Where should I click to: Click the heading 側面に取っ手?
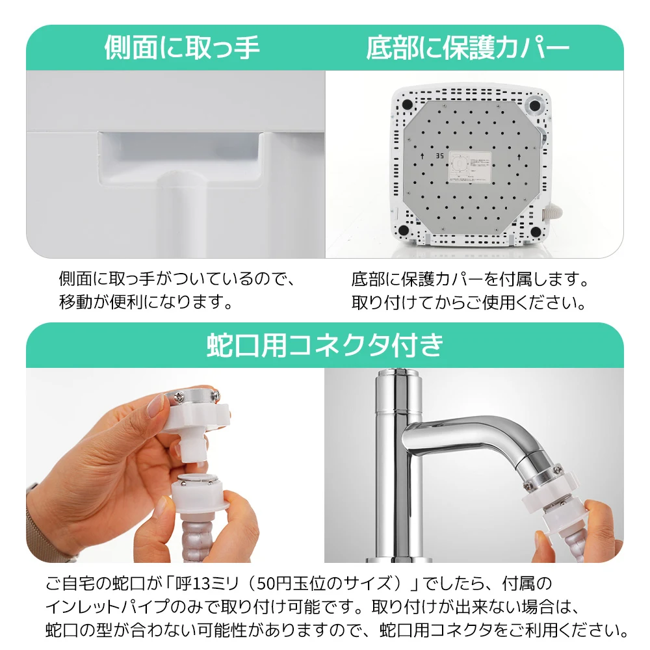182,47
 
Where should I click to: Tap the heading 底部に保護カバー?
468,47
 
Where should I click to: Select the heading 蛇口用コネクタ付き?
325,345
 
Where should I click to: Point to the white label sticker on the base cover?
470,166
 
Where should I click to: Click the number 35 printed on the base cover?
439,155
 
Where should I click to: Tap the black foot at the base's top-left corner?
407,103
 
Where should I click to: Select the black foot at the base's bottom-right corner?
535,231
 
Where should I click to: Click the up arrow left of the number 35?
422,156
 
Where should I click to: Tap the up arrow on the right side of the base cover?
519,157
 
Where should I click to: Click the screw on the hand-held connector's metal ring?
180,396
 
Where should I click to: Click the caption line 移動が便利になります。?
146,302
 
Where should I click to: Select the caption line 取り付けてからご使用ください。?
469,302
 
